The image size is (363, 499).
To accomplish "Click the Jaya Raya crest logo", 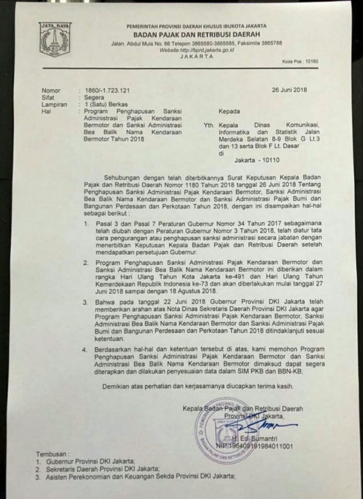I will [55, 39].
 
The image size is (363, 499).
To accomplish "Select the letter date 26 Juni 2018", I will [289, 90].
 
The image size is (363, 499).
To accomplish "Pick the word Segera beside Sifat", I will [87, 97].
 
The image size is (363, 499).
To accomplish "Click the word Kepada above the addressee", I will [229, 111].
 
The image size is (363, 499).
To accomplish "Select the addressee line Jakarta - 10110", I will [251, 161].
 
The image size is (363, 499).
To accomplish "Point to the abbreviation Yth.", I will [208, 125].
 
